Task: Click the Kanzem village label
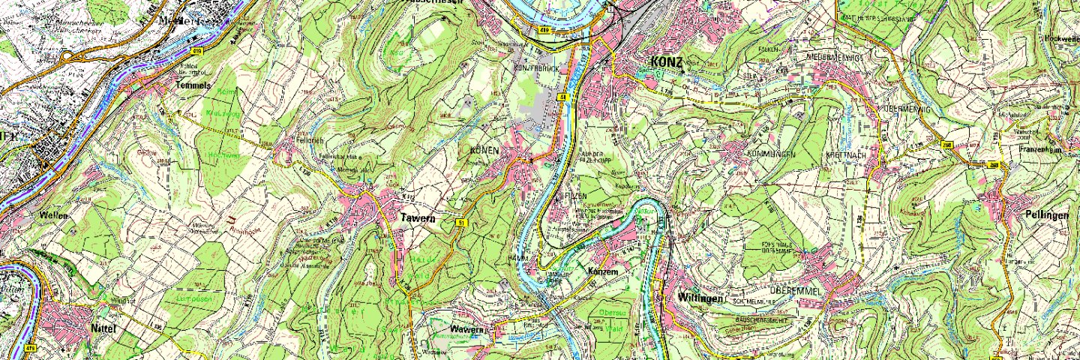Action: (601, 271)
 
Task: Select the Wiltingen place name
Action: (700, 298)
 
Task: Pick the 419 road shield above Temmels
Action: (197, 51)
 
